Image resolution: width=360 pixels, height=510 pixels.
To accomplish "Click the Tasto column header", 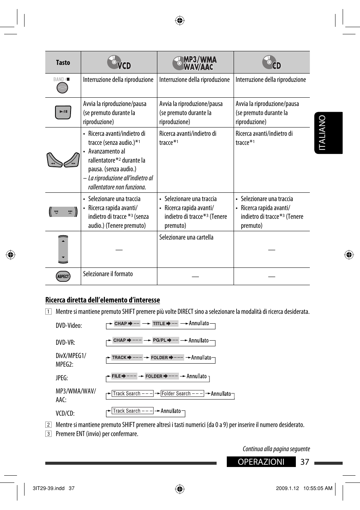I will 63,63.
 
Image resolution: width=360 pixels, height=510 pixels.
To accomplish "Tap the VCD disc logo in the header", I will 119,63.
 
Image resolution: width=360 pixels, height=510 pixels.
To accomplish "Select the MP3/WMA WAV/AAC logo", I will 195,63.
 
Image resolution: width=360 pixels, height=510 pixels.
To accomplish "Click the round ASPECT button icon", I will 63,277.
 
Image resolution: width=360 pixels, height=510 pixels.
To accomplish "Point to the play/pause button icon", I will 63,112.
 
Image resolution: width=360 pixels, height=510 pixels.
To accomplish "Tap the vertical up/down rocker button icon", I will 63,249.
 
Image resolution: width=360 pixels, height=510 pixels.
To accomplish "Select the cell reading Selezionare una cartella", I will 186,237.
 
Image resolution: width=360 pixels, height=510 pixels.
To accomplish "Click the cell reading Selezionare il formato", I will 108,274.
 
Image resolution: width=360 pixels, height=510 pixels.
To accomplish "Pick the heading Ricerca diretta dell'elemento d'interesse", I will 103,300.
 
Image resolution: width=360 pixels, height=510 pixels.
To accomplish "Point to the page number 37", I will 305,462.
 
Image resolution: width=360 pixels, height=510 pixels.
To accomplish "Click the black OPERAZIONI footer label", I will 261,462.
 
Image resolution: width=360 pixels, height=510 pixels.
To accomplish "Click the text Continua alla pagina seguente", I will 276,449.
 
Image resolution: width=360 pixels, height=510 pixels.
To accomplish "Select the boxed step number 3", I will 48,434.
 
